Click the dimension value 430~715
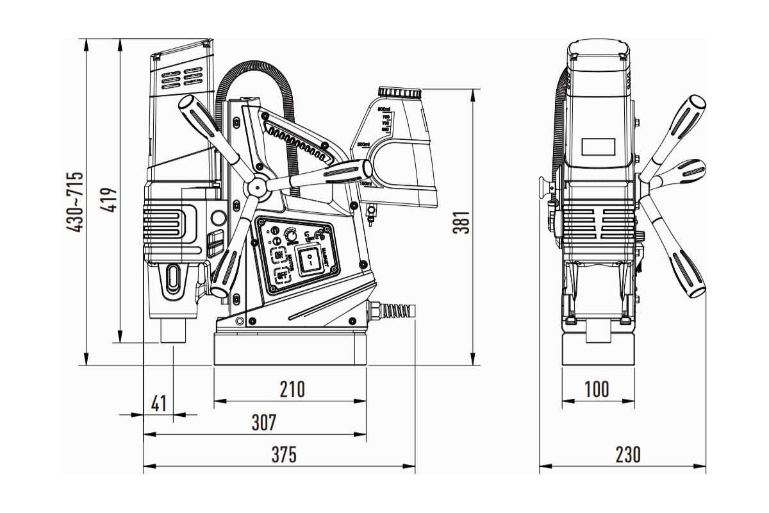pos(76,202)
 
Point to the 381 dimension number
pos(462,223)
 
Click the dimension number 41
pos(158,404)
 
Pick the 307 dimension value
pos(263,423)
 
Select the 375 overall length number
pos(284,455)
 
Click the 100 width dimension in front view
pos(597,389)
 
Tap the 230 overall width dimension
pos(628,455)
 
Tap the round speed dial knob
pos(293,235)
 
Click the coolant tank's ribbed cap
pos(399,93)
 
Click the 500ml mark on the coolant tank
pos(363,144)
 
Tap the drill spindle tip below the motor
pos(173,332)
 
